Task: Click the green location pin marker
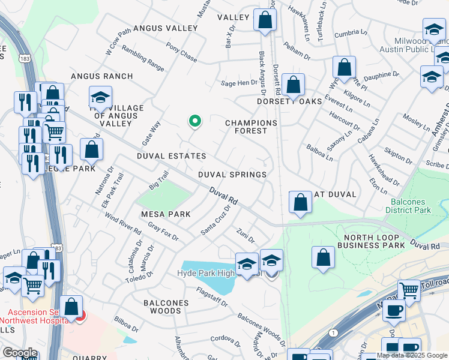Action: (x=194, y=122)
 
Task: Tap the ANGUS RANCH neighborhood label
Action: (x=101, y=76)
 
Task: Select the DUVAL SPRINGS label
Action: (x=233, y=175)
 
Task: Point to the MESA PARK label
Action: (x=166, y=214)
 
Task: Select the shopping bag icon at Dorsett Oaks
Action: (x=294, y=85)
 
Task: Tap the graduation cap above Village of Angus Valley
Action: (x=100, y=97)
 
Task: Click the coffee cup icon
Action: (x=393, y=311)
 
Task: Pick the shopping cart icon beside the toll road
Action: (x=409, y=290)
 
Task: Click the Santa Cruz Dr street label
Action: (x=216, y=221)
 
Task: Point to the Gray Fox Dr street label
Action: (x=163, y=232)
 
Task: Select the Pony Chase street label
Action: (x=181, y=54)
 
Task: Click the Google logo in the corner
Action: (x=19, y=353)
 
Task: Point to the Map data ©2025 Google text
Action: (x=412, y=355)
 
